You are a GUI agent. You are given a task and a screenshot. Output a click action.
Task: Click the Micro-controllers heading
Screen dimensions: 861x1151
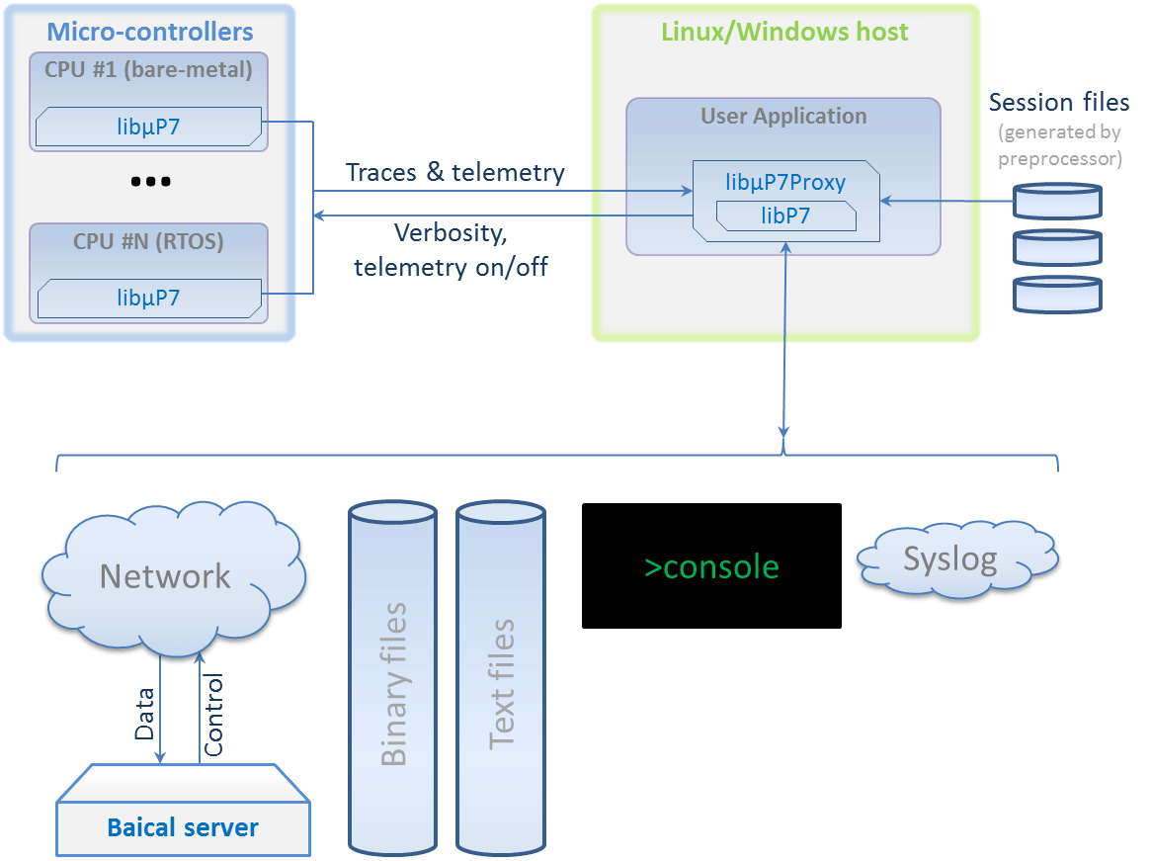tap(150, 32)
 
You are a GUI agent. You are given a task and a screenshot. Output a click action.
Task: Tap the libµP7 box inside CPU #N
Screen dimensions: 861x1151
tap(148, 297)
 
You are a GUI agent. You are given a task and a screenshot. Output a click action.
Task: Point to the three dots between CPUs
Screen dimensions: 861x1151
tap(150, 182)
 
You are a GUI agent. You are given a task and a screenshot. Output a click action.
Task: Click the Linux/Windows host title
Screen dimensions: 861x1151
tap(784, 31)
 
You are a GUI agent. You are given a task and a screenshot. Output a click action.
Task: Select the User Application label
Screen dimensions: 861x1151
tap(783, 116)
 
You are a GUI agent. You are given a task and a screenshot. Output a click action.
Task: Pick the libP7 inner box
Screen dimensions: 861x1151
tap(785, 215)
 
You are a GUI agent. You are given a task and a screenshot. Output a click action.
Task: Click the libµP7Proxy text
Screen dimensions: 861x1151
tap(785, 183)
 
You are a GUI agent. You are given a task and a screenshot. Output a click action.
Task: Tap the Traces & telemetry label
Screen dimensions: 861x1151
tap(455, 172)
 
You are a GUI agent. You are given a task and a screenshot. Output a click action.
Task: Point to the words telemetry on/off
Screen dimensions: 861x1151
tap(451, 266)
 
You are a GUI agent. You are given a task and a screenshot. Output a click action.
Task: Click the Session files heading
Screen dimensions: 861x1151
tap(1059, 102)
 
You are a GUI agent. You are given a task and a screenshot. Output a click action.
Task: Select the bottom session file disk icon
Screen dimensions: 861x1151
tap(1058, 294)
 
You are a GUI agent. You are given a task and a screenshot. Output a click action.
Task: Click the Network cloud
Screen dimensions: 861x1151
tap(165, 577)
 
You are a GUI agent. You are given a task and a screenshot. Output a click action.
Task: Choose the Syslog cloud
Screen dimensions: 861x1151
tap(949, 560)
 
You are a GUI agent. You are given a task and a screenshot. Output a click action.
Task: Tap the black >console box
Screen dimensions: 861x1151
tap(711, 566)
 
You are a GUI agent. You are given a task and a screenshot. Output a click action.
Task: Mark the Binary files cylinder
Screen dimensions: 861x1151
tap(392, 682)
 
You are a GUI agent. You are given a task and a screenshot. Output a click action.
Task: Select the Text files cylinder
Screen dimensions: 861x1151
tap(501, 682)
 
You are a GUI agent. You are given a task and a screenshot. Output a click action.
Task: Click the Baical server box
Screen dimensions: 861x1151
tap(183, 826)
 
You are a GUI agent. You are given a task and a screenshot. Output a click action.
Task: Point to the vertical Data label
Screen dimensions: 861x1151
tap(145, 714)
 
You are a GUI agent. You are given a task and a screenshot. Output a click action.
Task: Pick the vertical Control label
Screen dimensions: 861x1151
tap(213, 716)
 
